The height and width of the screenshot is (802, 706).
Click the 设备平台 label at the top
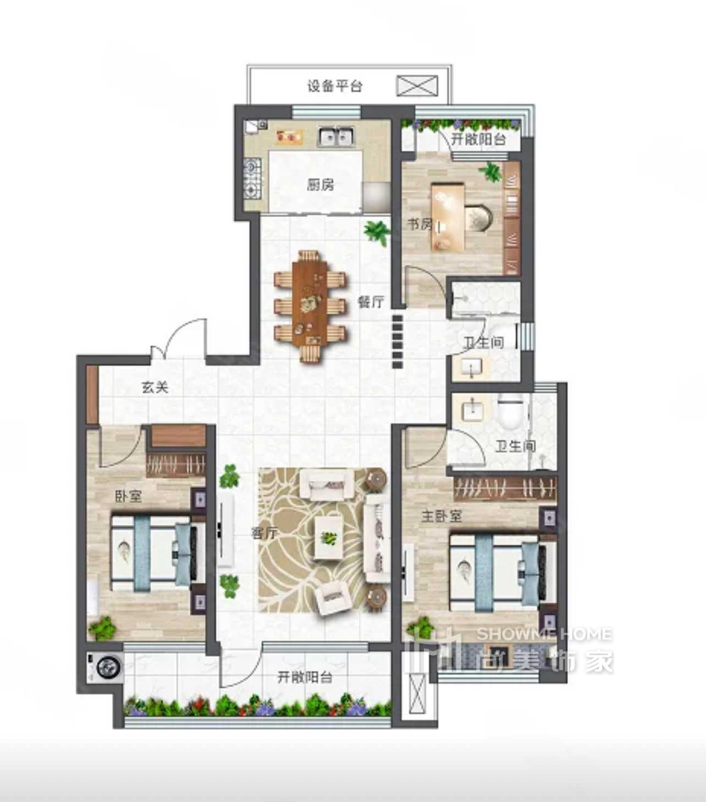coord(335,86)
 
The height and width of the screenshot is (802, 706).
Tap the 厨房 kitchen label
coord(321,185)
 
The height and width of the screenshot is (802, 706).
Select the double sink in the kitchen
coord(336,136)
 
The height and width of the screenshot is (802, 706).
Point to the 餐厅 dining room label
coord(371,302)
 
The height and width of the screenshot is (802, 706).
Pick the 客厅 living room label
coord(264,533)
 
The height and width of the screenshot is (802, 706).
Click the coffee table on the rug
coord(329,537)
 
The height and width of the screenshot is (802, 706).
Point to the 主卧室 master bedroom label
coord(442,516)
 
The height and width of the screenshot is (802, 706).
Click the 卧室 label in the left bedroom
coord(128,496)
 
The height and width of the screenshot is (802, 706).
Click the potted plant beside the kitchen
coord(377,232)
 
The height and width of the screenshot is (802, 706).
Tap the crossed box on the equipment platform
coord(417,86)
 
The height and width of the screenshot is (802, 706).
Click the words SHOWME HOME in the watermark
coord(544,634)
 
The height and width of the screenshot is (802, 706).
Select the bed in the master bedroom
coord(504,572)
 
